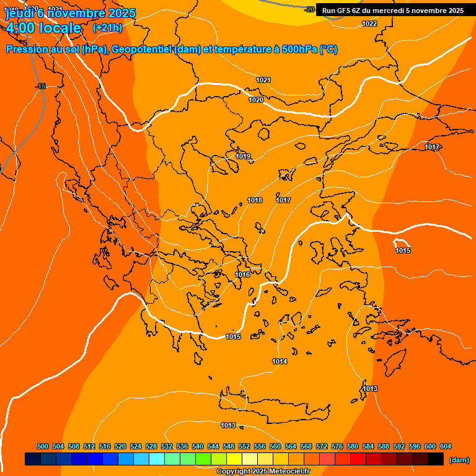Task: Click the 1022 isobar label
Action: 369,24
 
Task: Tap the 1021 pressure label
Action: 263,80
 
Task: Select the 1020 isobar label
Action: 256,100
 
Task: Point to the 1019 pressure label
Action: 243,156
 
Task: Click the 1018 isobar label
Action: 255,200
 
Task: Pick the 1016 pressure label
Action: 242,275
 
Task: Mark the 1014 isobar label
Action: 280,361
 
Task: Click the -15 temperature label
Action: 41,86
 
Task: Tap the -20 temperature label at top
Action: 310,9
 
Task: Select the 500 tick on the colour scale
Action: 43,446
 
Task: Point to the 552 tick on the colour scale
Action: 244,446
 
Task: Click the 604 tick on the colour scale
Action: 446,446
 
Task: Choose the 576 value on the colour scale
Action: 337,446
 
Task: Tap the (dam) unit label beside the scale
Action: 459,460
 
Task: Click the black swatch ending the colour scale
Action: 435,459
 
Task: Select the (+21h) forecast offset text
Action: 107,28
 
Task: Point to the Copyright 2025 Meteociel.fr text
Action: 263,472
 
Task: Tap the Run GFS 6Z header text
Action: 392,11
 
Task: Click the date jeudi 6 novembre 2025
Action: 62,12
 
